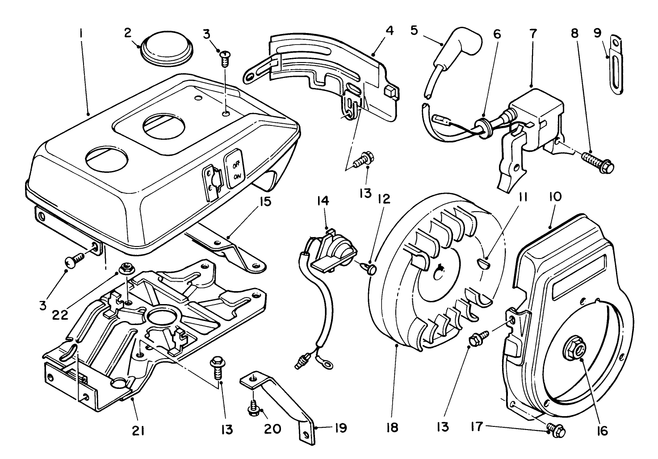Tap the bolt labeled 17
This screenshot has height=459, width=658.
click(556, 430)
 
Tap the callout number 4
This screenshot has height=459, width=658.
click(390, 31)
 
